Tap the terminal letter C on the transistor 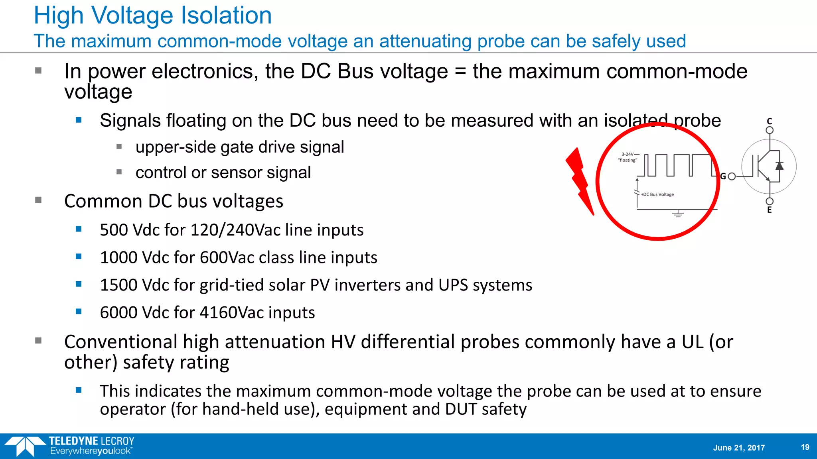(x=770, y=121)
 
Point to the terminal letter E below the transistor (x=770, y=210)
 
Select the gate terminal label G (x=723, y=176)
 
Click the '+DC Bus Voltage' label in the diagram (x=657, y=194)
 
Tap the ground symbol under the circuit (x=678, y=214)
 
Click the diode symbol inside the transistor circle (x=779, y=166)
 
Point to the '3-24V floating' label (x=628, y=157)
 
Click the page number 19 (x=805, y=447)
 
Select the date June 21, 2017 (x=739, y=447)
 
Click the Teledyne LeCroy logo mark (x=25, y=446)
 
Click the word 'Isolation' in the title (x=226, y=16)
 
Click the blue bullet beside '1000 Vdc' (x=79, y=257)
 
